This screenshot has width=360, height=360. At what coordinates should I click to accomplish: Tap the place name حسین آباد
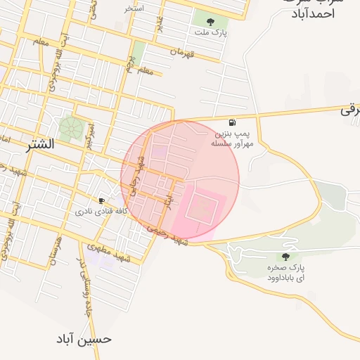(84, 339)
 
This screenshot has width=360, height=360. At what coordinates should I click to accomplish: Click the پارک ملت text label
(206, 32)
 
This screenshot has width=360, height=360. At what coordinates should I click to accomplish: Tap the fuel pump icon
(232, 122)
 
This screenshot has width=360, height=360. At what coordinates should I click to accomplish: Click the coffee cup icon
(103, 200)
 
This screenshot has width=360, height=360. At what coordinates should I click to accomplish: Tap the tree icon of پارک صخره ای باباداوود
(285, 257)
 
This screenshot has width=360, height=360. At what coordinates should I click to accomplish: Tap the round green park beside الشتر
(70, 127)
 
